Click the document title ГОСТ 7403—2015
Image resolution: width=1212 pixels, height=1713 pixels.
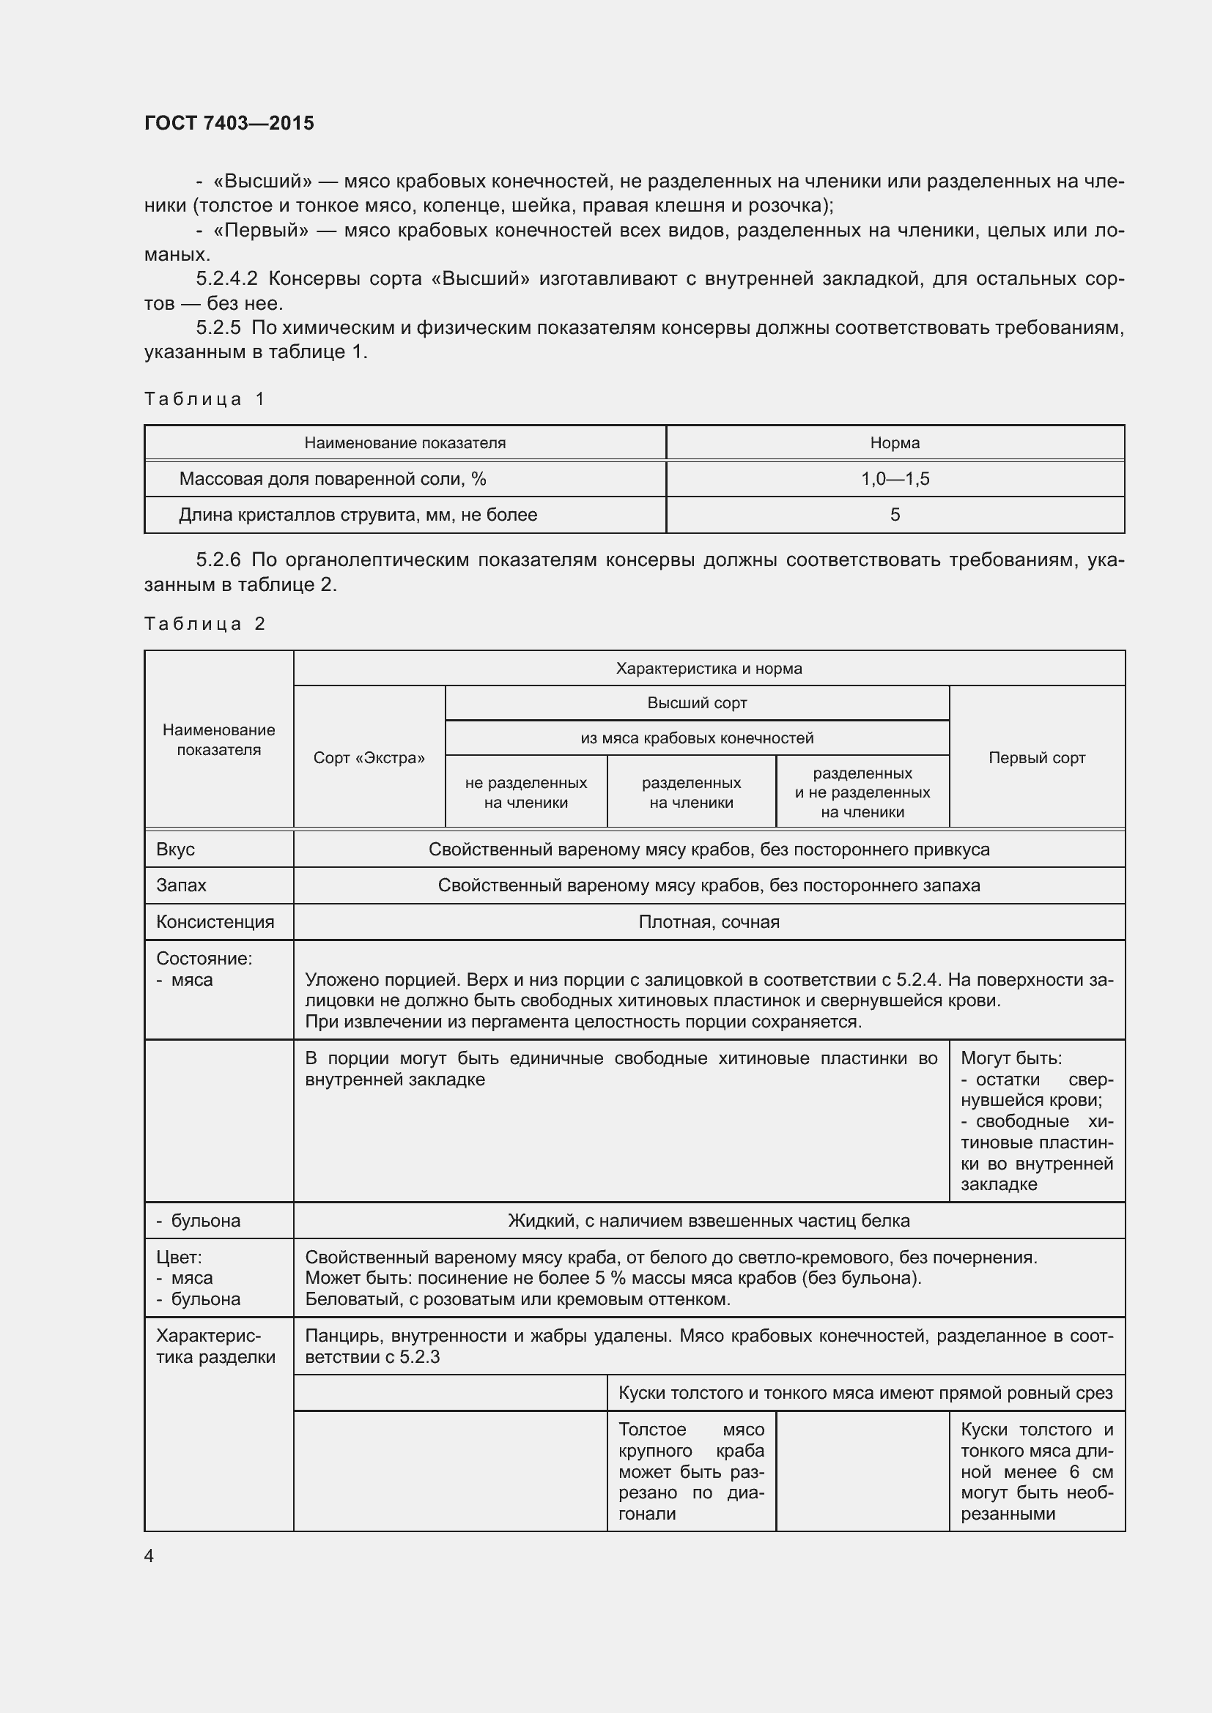point(229,123)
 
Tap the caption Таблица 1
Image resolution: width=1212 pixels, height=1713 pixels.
point(204,399)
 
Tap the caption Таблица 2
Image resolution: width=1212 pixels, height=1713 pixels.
point(204,624)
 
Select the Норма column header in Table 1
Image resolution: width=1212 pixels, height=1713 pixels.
point(894,443)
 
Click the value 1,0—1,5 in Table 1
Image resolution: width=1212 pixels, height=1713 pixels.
point(894,479)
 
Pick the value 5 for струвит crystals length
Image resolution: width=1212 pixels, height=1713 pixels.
point(894,515)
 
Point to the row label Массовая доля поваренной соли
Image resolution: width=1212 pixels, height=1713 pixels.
point(332,479)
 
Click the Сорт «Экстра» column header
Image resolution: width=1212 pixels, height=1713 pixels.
point(369,758)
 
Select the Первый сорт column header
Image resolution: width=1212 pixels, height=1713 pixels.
point(1036,758)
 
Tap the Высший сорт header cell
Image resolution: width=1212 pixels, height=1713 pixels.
point(696,703)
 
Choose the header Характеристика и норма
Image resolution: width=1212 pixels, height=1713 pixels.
point(709,669)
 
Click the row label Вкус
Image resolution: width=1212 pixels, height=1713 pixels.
point(175,850)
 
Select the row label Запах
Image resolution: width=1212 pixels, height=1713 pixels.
point(180,885)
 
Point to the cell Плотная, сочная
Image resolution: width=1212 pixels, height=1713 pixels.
point(709,922)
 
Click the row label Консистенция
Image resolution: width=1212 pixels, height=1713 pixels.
point(215,922)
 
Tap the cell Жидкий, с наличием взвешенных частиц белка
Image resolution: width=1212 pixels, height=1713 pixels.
point(709,1221)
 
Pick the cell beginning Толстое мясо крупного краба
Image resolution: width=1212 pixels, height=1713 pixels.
point(690,1471)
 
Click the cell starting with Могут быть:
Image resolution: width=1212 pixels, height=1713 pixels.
point(1036,1121)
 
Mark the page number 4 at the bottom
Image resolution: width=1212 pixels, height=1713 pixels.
point(149,1556)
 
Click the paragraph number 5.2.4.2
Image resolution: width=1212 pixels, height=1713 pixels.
point(227,279)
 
